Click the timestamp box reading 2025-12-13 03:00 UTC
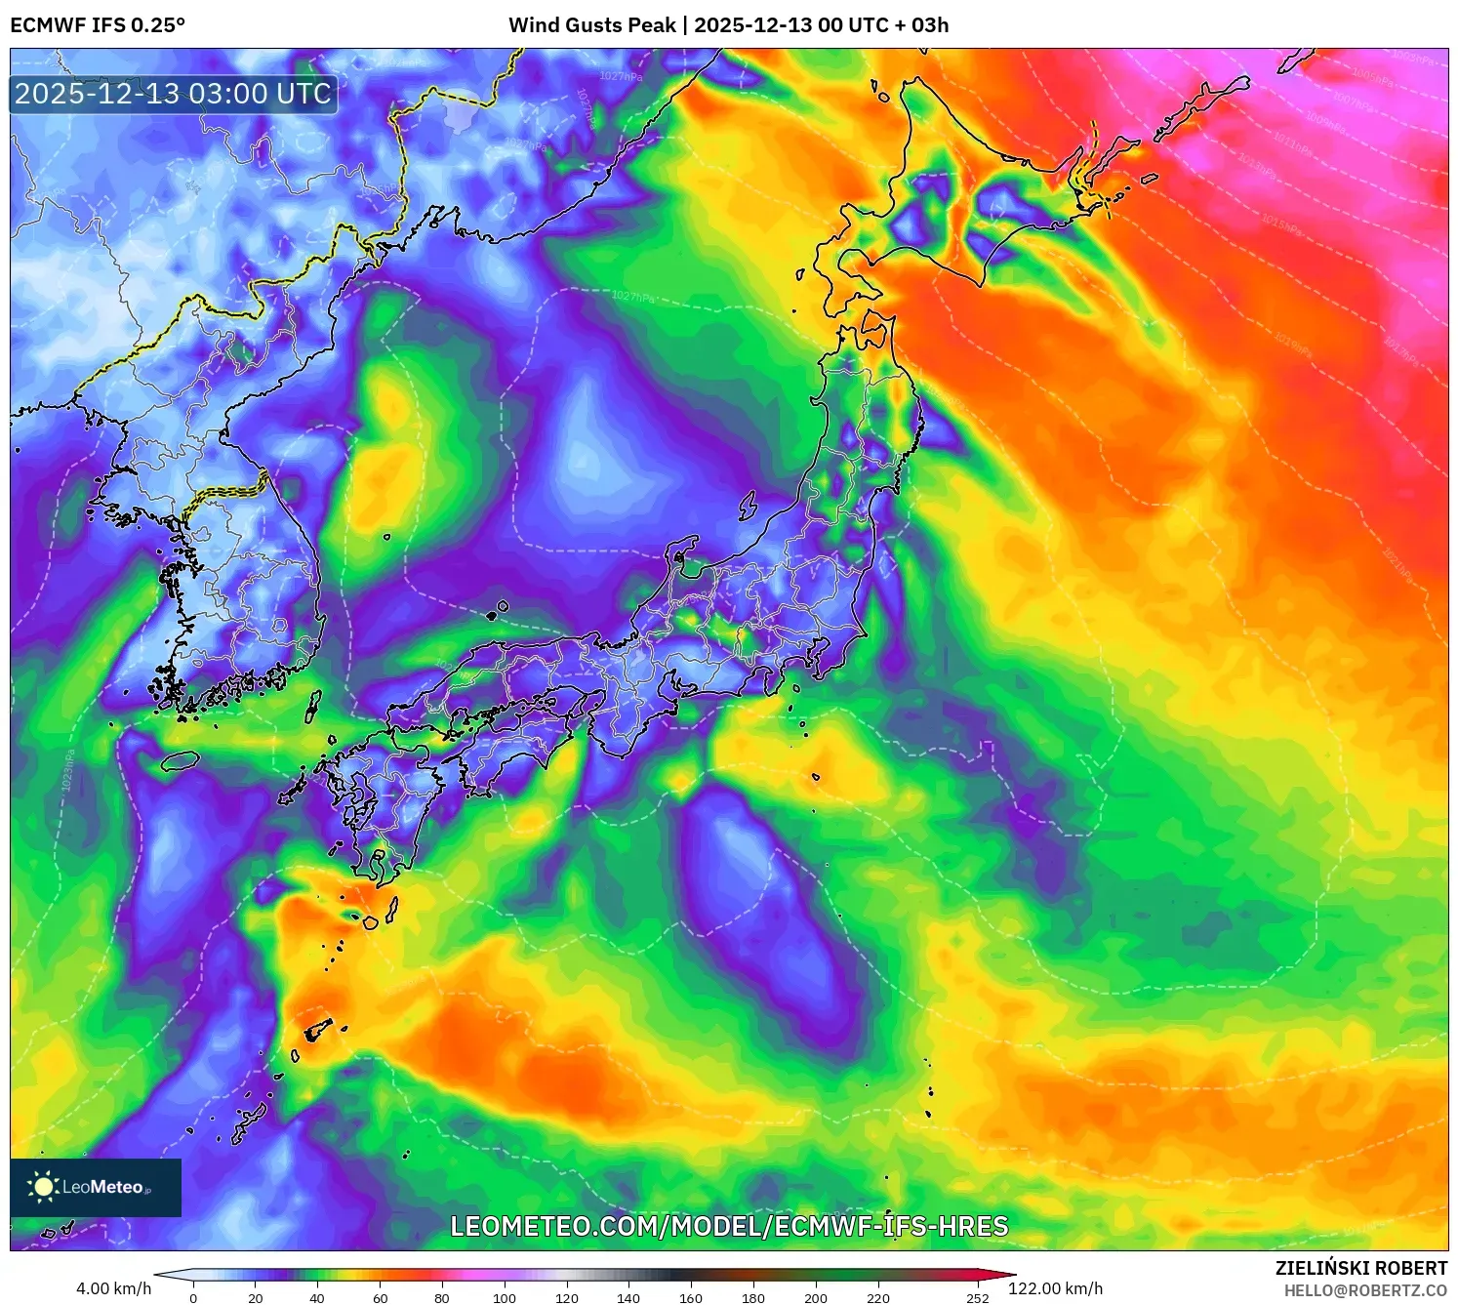click(x=174, y=94)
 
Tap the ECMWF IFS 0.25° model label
click(x=98, y=25)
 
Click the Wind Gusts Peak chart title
click(x=728, y=25)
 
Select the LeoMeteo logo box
click(x=96, y=1187)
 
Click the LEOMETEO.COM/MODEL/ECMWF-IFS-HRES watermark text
click(x=728, y=1226)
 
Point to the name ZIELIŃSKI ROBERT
click(x=1360, y=1268)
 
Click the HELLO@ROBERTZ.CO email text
click(x=1364, y=1290)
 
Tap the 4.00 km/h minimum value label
click(x=113, y=1288)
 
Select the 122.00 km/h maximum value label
click(x=1055, y=1288)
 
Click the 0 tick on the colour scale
click(x=193, y=1298)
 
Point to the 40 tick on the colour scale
click(x=317, y=1298)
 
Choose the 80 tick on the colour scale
click(x=442, y=1298)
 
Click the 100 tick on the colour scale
click(x=504, y=1298)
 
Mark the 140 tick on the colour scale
click(x=628, y=1298)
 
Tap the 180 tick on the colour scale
click(x=752, y=1298)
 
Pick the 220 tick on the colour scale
click(x=877, y=1298)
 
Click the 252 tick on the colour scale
click(x=977, y=1298)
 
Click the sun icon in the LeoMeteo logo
click(x=43, y=1187)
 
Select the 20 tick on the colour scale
click(x=256, y=1298)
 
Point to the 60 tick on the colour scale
click(x=380, y=1298)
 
